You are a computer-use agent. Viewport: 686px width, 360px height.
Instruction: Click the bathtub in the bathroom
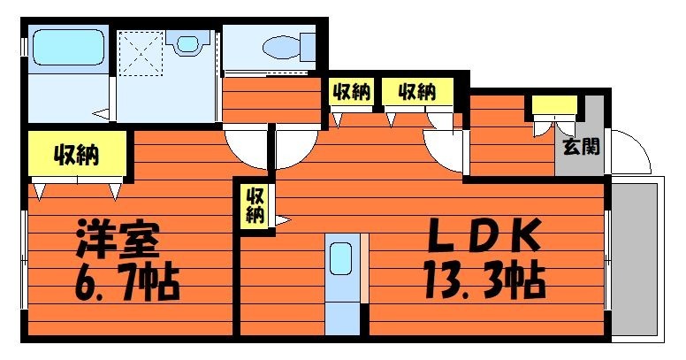pyautogui.click(x=68, y=47)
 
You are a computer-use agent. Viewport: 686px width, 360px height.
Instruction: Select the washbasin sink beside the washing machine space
pyautogui.click(x=188, y=44)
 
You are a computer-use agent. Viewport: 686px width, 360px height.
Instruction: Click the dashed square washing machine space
pyautogui.click(x=141, y=53)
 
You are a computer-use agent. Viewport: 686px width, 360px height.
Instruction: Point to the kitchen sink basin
pyautogui.click(x=341, y=258)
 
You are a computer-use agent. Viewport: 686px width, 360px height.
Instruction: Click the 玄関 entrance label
pyautogui.click(x=581, y=146)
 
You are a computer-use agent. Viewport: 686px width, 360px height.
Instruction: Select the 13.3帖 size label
pyautogui.click(x=484, y=280)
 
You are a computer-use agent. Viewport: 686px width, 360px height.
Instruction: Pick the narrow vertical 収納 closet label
pyautogui.click(x=255, y=205)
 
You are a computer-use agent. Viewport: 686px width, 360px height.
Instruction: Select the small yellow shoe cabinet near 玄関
pyautogui.click(x=554, y=105)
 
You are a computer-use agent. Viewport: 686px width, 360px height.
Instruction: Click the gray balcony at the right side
pyautogui.click(x=635, y=259)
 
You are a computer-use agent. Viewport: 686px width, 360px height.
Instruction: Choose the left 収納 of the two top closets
pyautogui.click(x=351, y=91)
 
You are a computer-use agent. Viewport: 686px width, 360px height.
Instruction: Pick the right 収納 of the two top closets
pyautogui.click(x=417, y=91)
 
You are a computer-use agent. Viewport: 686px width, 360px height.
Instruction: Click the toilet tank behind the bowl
pyautogui.click(x=308, y=47)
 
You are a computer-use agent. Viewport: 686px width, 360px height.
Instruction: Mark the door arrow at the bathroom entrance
pyautogui.click(x=102, y=115)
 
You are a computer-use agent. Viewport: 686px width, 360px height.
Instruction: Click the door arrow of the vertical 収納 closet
pyautogui.click(x=283, y=220)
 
